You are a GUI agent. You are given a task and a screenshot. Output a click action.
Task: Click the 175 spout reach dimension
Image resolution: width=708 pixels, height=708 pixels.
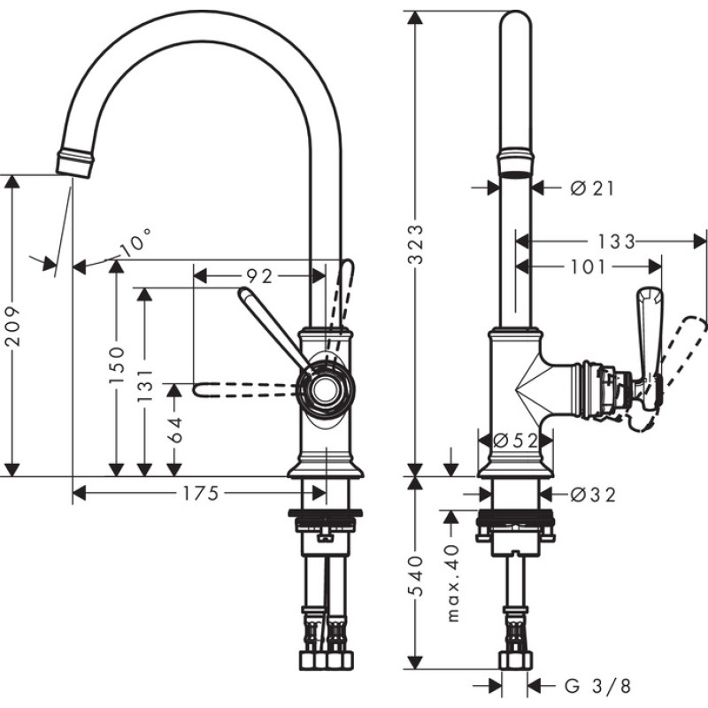(x=200, y=494)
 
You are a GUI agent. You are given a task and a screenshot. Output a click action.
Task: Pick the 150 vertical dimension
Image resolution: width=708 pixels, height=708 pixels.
(x=116, y=364)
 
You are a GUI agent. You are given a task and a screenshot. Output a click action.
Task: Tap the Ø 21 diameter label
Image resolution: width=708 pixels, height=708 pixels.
(x=591, y=187)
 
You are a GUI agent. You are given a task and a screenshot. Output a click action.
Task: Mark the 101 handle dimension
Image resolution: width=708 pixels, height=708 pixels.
(x=589, y=265)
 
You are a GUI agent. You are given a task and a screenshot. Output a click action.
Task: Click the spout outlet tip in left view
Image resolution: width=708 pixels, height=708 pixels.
(x=74, y=165)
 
